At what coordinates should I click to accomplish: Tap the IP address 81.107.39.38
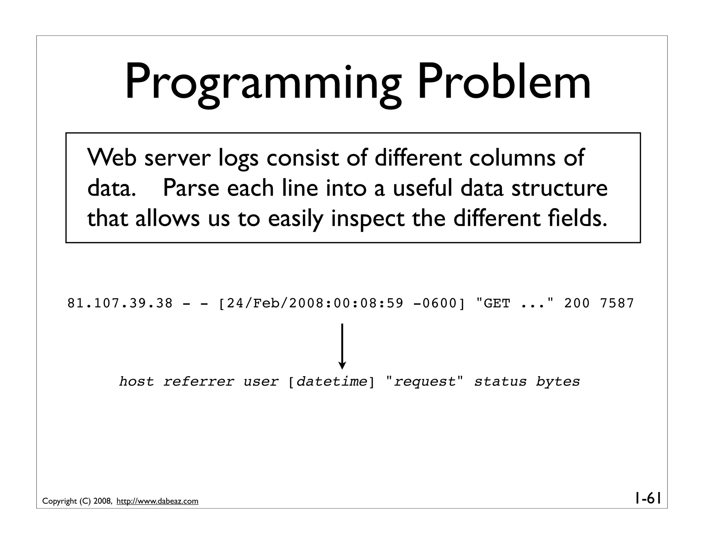120,303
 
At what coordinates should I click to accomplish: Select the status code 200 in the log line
577,303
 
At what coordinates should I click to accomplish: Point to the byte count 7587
617,303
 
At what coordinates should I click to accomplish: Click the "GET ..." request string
515,303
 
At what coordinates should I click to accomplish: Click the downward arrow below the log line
342,346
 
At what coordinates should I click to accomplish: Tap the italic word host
136,382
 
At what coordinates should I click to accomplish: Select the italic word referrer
198,382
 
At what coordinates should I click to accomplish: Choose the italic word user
261,382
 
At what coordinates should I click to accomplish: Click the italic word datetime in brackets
332,382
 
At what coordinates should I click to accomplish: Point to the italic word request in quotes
425,382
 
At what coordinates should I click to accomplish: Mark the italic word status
500,382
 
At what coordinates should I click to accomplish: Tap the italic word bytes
558,382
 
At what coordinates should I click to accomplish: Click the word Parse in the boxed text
190,188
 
